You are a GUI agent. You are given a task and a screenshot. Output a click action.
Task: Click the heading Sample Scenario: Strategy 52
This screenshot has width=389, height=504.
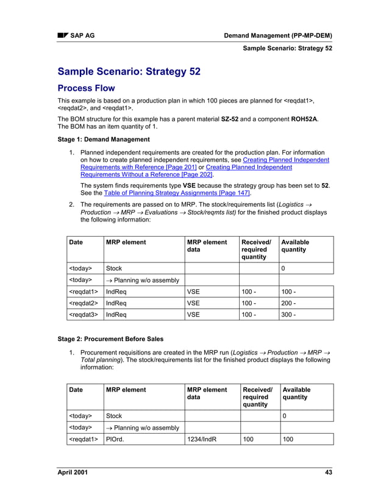click(x=129, y=71)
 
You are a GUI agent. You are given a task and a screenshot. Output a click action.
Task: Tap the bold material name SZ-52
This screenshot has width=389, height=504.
click(x=229, y=119)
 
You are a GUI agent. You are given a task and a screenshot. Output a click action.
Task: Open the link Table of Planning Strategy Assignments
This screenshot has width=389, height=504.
click(x=177, y=192)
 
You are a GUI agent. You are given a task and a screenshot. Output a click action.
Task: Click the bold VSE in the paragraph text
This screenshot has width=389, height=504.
click(x=190, y=184)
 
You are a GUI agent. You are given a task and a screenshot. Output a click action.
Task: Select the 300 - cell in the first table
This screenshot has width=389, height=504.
click(x=289, y=315)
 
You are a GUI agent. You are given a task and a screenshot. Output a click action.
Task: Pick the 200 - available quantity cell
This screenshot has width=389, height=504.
click(x=289, y=303)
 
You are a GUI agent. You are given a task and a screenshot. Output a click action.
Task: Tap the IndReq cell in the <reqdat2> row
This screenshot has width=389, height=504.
click(x=116, y=303)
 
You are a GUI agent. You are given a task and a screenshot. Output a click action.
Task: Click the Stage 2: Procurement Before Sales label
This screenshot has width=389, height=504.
click(x=110, y=339)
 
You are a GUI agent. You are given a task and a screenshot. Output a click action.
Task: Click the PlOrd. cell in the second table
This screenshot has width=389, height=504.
click(x=115, y=439)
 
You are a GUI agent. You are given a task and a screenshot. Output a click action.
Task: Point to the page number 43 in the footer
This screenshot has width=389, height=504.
click(x=328, y=473)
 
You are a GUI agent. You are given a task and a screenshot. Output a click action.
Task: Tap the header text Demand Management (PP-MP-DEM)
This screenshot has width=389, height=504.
click(x=278, y=35)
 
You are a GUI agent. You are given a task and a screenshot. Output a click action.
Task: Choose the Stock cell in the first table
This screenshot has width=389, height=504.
click(x=114, y=268)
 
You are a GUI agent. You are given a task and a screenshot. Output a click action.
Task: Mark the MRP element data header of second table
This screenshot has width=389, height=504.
click(x=207, y=394)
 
